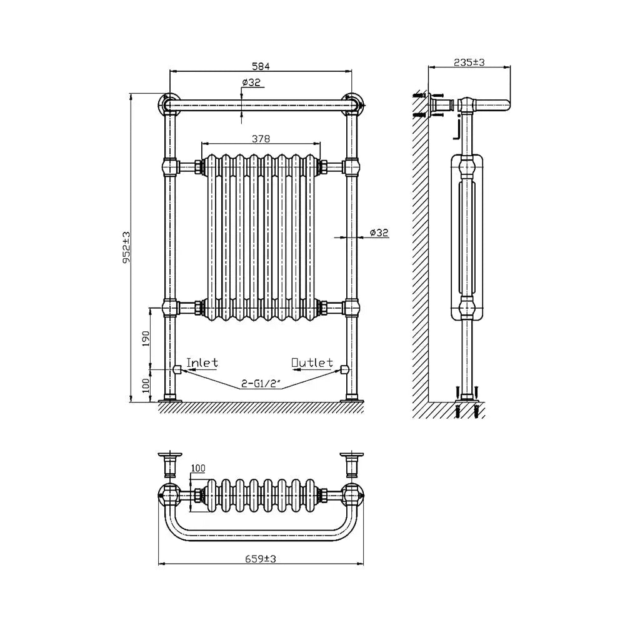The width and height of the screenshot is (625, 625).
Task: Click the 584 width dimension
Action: click(261, 65)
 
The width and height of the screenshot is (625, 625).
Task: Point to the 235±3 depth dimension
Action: click(470, 61)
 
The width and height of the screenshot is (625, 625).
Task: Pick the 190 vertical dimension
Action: click(145, 337)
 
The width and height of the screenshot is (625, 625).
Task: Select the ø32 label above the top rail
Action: click(251, 82)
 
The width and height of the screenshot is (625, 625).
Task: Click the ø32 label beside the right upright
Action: click(379, 232)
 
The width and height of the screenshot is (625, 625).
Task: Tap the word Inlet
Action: click(202, 362)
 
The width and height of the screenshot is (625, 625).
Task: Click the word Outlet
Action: click(312, 362)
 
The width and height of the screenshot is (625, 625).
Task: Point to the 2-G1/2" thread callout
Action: click(261, 385)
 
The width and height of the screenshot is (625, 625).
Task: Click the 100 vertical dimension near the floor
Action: click(145, 385)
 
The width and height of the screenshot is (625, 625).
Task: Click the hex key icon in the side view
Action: click(457, 131)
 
